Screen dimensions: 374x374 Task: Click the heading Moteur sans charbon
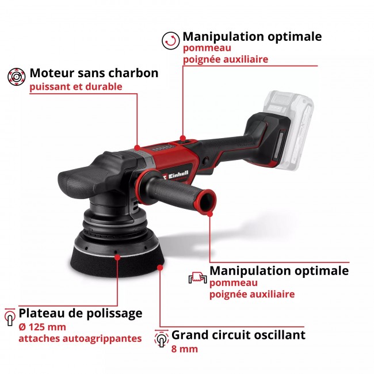click(x=94, y=73)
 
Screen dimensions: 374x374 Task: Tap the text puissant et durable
click(x=76, y=87)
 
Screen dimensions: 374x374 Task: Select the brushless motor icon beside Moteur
click(x=16, y=76)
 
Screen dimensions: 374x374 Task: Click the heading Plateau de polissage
click(x=80, y=313)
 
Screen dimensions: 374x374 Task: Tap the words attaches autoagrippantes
click(x=80, y=338)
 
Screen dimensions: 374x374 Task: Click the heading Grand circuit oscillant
click(x=238, y=335)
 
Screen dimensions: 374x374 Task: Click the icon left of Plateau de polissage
click(x=9, y=316)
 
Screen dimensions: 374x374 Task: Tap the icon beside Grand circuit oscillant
click(x=161, y=338)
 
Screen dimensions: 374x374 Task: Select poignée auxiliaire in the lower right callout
click(x=252, y=294)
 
